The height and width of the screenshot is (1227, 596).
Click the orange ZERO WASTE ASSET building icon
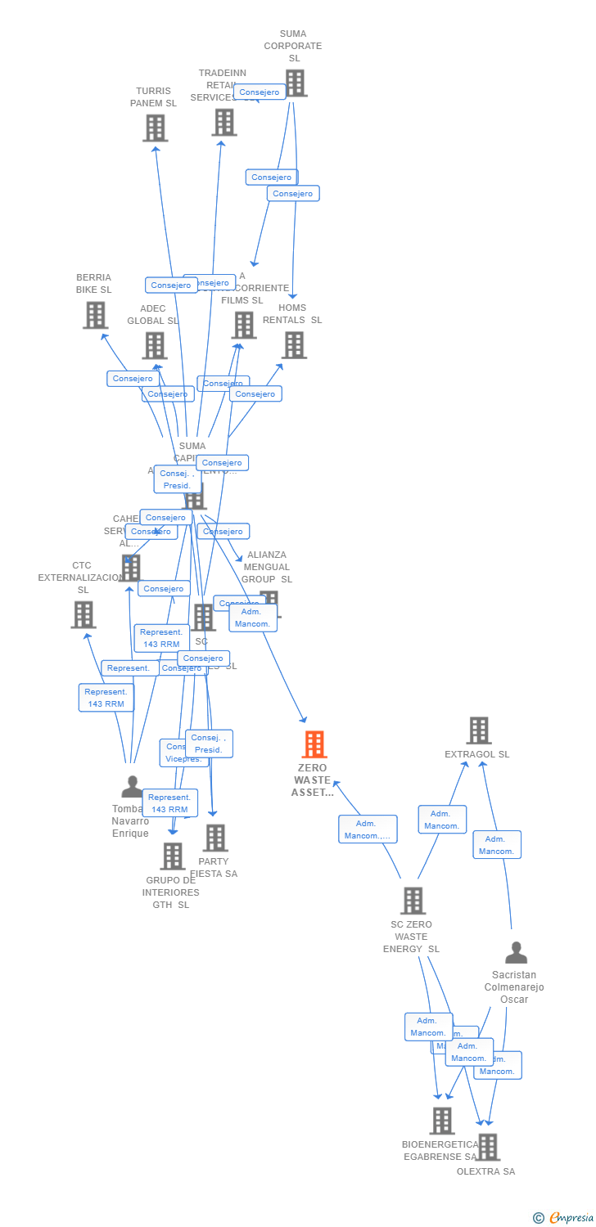coord(314,744)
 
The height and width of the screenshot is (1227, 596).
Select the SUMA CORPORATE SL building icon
coord(295,83)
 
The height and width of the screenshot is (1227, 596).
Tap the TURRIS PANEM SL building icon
coord(155,128)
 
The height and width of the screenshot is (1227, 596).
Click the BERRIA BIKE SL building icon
coord(95,315)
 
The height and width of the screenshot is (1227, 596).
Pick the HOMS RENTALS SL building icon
coord(294,344)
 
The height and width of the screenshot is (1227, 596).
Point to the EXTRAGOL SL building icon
coord(478,730)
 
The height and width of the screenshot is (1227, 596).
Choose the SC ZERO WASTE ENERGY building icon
coord(413,901)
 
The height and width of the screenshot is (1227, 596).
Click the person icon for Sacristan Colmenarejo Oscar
coord(516,953)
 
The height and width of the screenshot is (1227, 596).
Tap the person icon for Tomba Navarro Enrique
coord(132,787)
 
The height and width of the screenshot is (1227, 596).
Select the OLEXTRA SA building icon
coord(488,1147)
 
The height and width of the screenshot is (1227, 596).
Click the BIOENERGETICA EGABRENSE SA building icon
coord(442,1121)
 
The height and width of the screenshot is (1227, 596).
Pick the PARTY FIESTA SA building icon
coord(215,838)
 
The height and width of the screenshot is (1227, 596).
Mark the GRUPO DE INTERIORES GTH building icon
coord(173,856)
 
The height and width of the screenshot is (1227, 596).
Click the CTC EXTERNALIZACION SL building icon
coord(83,614)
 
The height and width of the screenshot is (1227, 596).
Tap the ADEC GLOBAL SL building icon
coord(155,345)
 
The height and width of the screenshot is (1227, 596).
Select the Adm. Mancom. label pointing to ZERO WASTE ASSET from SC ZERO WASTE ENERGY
coord(368,829)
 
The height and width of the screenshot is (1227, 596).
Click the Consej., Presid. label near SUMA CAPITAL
coord(177,479)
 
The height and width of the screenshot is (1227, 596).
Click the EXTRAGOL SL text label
coord(476,754)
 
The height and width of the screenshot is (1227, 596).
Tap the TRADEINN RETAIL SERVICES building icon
coord(224,122)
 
